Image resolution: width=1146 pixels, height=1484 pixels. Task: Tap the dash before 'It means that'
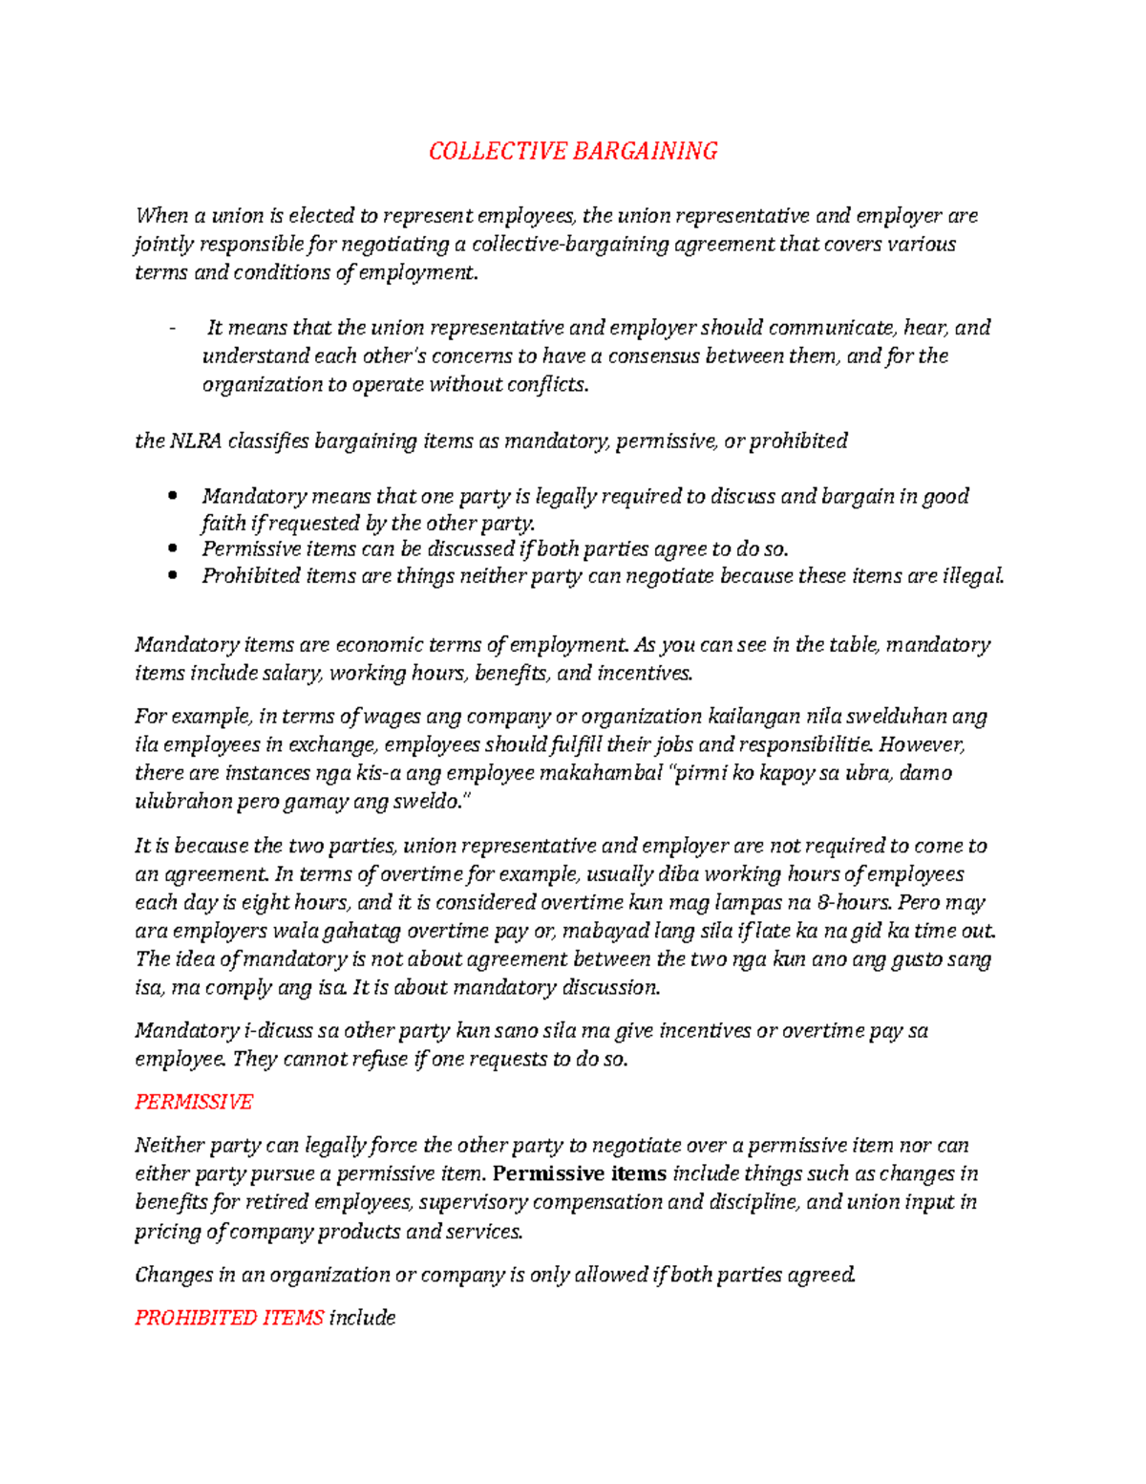point(172,329)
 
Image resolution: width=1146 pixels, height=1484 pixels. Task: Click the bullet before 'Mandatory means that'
point(173,496)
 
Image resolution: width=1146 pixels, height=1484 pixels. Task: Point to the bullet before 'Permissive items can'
point(173,548)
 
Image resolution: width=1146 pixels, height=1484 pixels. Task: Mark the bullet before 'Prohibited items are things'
point(173,576)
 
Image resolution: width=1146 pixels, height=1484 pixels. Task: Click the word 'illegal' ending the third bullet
point(973,576)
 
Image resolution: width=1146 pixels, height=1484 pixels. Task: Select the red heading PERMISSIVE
point(194,1102)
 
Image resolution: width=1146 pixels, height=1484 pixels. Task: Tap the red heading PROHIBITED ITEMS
point(229,1318)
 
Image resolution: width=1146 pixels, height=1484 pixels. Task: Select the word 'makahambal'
point(601,773)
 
